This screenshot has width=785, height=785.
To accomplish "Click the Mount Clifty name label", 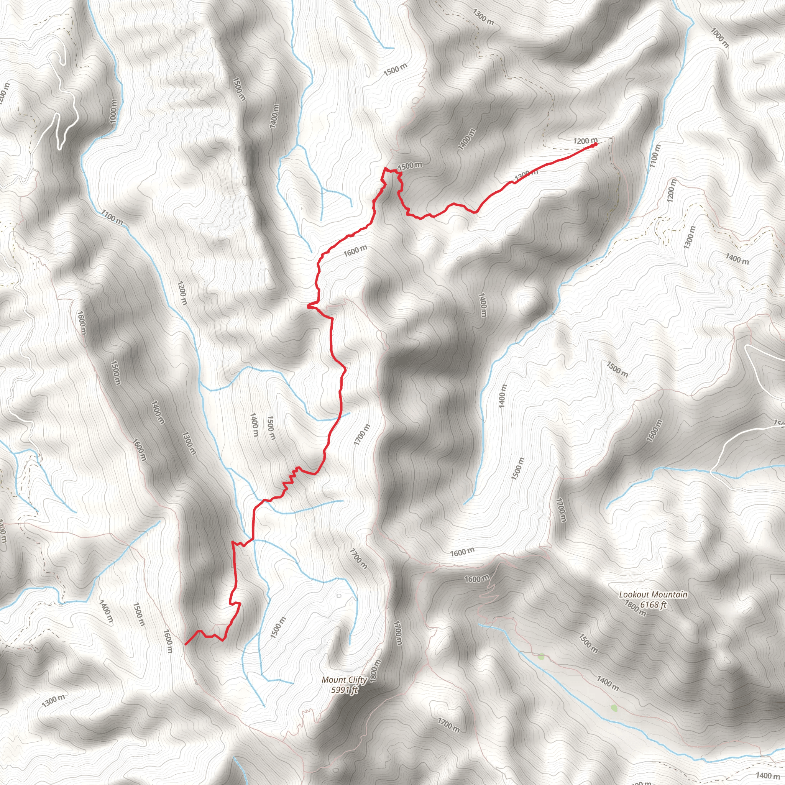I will click(344, 680).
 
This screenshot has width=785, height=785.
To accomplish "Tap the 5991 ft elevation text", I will click(345, 690).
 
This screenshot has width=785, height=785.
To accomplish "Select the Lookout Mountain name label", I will click(653, 594).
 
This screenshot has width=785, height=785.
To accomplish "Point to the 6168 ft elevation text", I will click(654, 604).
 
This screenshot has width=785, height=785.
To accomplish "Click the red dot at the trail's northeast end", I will click(595, 144).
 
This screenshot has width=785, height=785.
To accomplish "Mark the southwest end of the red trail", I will click(186, 644).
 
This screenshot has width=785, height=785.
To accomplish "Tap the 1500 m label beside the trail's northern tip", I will click(410, 166).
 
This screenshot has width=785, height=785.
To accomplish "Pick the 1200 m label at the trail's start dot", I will click(585, 141).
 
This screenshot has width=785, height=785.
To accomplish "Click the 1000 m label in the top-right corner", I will click(719, 38).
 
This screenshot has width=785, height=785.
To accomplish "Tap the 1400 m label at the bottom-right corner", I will click(767, 776).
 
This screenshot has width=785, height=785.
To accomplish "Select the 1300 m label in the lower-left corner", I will click(54, 697).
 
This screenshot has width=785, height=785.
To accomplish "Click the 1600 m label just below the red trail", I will click(355, 251).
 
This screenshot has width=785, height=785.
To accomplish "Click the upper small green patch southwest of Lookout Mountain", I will click(541, 656).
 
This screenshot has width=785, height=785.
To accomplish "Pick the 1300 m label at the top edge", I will click(483, 16).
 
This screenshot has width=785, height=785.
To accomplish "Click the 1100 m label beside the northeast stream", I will click(655, 156).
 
